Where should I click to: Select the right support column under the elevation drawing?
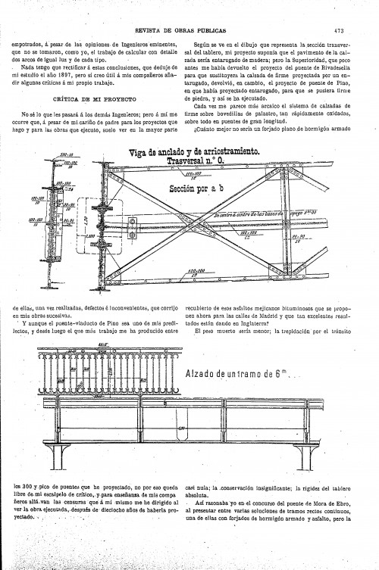point(308,454)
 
